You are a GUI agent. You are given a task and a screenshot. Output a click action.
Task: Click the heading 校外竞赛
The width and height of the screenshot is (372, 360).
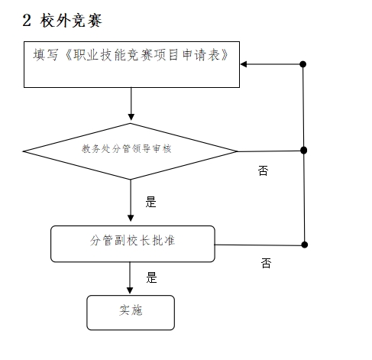point(71,20)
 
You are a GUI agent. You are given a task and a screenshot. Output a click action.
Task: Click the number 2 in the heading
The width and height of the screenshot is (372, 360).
point(27,20)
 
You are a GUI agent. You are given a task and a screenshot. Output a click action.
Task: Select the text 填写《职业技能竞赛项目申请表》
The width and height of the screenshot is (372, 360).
point(131,55)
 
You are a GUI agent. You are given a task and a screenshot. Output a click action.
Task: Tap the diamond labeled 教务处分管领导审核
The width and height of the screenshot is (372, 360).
point(130,151)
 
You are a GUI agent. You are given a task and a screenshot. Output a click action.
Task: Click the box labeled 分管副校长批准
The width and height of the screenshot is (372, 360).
point(133,244)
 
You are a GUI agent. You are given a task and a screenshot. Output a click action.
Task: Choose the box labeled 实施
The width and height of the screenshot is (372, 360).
point(131,313)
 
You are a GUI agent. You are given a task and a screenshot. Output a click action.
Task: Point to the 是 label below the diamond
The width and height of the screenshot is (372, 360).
point(150,202)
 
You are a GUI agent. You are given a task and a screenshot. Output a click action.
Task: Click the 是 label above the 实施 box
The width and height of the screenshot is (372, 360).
point(151,277)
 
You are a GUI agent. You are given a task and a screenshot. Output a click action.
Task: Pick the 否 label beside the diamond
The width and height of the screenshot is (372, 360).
point(263,170)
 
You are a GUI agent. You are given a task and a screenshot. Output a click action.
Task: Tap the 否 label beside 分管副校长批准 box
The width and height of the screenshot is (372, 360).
point(266,263)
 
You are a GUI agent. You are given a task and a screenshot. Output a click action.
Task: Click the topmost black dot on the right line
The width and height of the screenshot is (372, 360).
point(302,64)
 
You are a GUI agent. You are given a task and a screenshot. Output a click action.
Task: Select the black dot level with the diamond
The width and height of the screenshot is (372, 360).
point(303,151)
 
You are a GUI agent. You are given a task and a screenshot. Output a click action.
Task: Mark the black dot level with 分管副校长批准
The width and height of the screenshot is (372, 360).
point(304,245)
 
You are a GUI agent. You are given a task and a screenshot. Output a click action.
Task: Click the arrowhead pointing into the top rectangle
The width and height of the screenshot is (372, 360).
point(244,64)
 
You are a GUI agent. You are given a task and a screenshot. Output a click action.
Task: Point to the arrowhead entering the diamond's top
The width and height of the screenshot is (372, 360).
point(131,117)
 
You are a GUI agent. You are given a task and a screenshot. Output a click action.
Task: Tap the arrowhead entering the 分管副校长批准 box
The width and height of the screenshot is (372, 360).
point(131,219)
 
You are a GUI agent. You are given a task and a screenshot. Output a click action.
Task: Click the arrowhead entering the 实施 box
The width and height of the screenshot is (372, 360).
point(130,290)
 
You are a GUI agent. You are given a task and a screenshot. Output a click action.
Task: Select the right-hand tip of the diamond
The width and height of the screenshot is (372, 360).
point(238,151)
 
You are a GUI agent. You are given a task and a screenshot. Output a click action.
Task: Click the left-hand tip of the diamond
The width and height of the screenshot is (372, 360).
point(23,151)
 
